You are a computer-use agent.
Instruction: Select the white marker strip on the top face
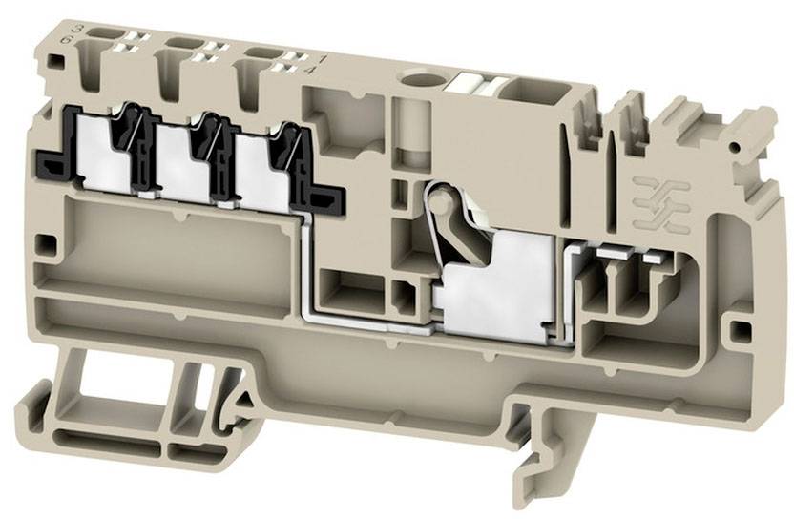476,82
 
